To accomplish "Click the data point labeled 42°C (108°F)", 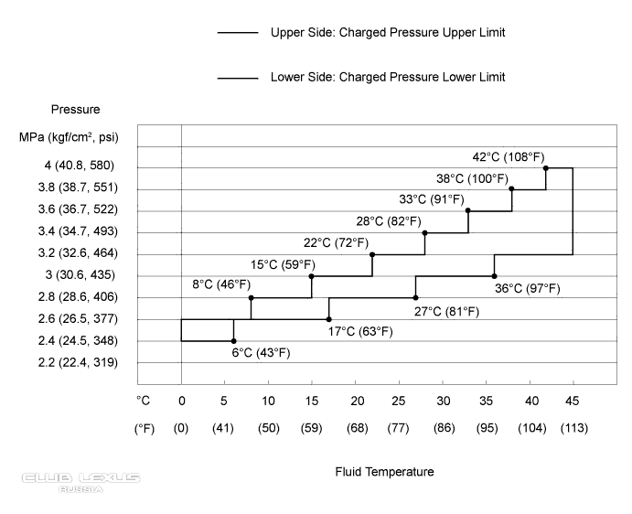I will (x=546, y=167).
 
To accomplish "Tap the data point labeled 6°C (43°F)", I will (x=234, y=341).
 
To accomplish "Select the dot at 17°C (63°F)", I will (x=329, y=319).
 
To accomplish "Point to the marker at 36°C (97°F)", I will (x=495, y=275).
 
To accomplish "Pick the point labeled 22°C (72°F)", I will (x=372, y=254).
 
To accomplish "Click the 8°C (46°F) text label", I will (x=221, y=284).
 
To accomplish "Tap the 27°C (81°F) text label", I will (x=446, y=311).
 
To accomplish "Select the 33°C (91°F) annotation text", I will (x=432, y=199).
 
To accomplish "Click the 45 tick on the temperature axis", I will (x=573, y=400).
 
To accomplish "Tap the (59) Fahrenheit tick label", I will (x=312, y=428).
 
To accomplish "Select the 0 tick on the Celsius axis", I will (x=181, y=400).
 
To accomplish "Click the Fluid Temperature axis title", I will (x=384, y=472).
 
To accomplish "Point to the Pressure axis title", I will (x=76, y=110).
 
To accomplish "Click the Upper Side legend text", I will (x=388, y=32).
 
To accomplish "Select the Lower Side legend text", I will (x=388, y=77).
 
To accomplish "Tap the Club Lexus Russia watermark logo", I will (x=80, y=481).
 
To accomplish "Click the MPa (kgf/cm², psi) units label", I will (x=75, y=138).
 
